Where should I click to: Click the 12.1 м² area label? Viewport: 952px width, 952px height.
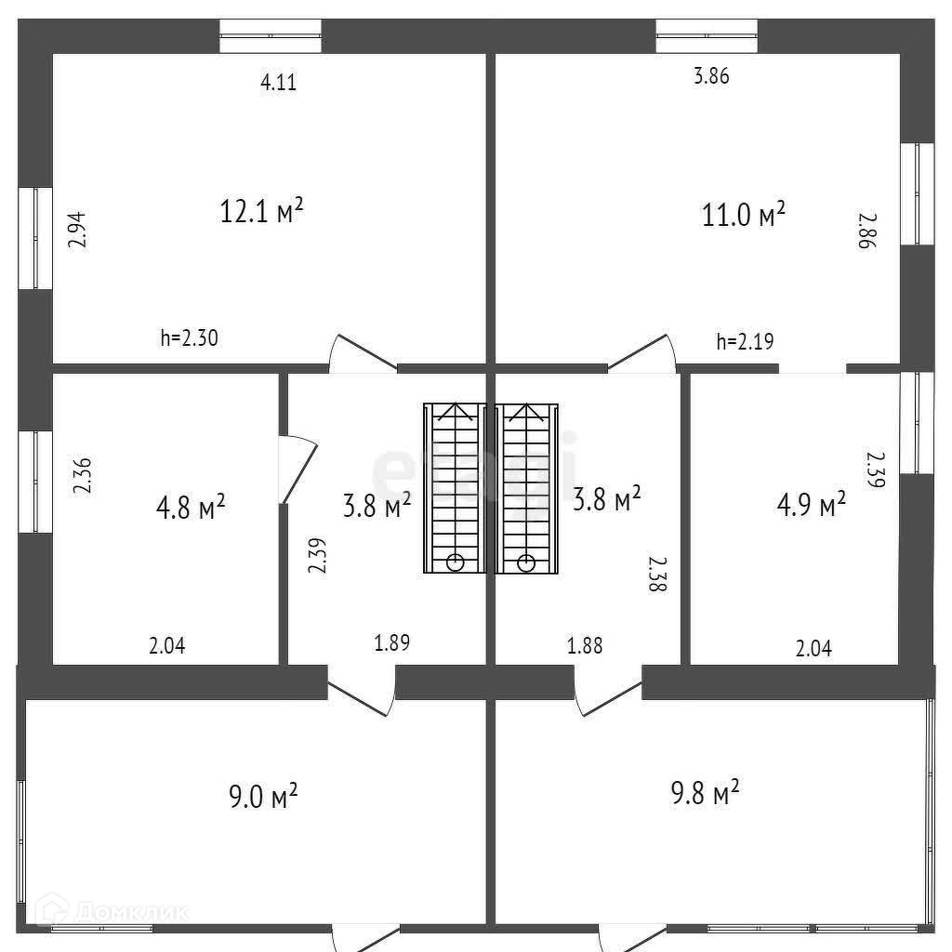pos(262,211)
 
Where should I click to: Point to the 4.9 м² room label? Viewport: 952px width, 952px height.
pos(811,504)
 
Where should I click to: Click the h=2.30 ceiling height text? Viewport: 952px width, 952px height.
pos(189,338)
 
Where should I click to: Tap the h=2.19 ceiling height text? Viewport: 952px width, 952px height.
pos(745,342)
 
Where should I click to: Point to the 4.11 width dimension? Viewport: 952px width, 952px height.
pos(278,83)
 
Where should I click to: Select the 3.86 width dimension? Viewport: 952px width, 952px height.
pos(711,77)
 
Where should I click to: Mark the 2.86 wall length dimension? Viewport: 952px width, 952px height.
pos(866,230)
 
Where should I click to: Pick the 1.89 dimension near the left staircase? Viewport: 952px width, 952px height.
pos(391,641)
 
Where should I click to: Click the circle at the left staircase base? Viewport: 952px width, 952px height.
pos(455,562)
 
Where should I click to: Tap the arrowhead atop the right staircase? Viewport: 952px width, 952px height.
pos(526,410)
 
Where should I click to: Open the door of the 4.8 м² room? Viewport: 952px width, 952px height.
pos(299,470)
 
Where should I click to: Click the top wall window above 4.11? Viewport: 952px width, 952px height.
pos(271,36)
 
